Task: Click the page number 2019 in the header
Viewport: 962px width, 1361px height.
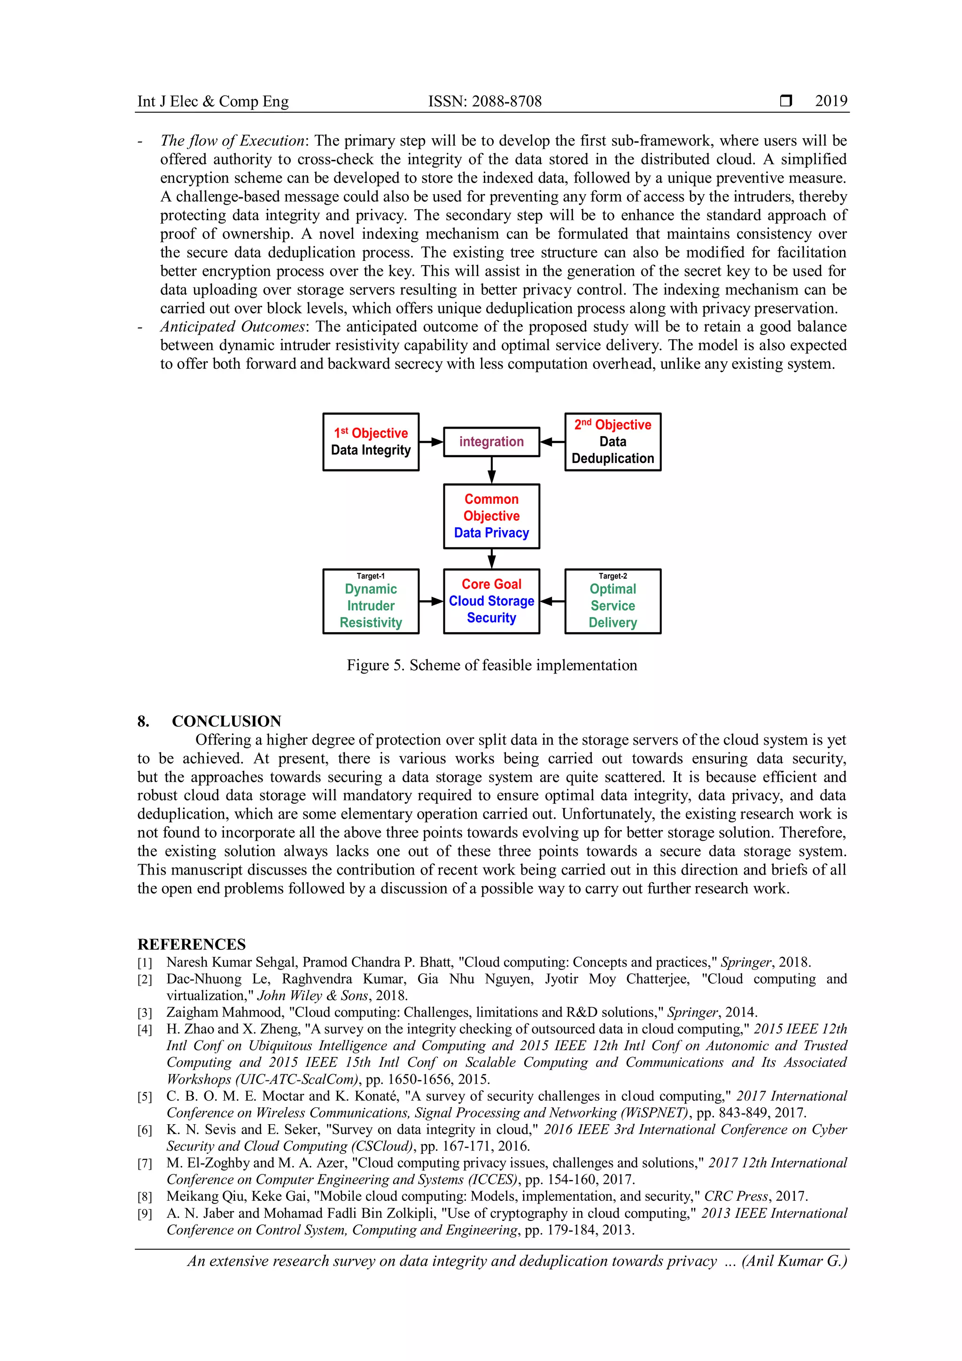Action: pos(830,102)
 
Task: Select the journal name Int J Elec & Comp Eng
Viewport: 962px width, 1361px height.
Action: pos(213,102)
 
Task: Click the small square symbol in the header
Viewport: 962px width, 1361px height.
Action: pos(785,101)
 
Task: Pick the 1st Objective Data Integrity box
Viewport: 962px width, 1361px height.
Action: pos(371,442)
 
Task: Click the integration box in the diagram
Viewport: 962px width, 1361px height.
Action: pos(491,442)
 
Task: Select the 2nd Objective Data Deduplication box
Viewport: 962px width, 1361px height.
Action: pos(613,442)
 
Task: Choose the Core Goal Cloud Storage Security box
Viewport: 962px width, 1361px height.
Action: pos(491,601)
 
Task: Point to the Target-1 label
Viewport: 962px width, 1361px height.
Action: pos(371,576)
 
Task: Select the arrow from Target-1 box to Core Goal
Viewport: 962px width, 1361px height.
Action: pos(431,601)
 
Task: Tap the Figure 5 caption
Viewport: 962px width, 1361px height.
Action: pos(492,665)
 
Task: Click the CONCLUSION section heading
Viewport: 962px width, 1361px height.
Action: pos(226,721)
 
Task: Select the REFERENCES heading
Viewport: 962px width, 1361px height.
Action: pos(191,944)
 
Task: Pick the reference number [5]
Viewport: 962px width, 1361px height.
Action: pos(145,1096)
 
